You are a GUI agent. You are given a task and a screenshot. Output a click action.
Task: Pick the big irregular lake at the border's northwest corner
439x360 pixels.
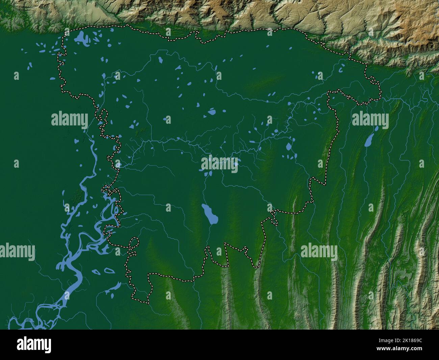[x=80, y=38]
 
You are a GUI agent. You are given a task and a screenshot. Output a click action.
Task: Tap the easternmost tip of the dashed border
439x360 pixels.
[x=380, y=94]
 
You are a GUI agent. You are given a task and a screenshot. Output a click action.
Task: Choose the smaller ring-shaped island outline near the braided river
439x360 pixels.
[x=96, y=271]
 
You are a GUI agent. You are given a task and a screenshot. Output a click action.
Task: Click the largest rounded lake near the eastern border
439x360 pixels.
[x=289, y=147]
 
